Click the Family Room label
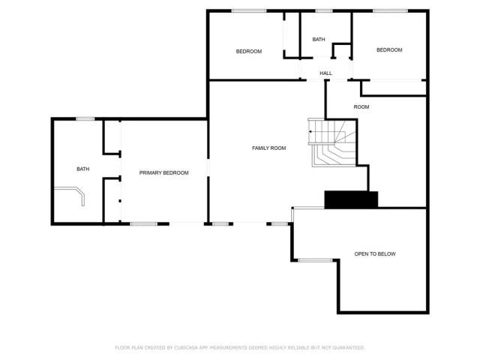[268, 148]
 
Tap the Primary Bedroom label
[163, 173]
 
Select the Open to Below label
[375, 254]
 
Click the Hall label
[325, 73]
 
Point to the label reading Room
[361, 107]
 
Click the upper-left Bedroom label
[248, 51]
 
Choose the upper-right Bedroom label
[389, 50]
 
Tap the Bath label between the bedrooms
[319, 40]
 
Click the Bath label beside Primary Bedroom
[82, 169]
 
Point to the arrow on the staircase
[310, 132]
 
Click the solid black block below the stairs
[351, 199]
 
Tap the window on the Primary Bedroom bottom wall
[144, 223]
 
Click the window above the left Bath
[85, 118]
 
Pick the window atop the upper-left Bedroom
[247, 10]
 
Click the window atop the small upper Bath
[323, 10]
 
